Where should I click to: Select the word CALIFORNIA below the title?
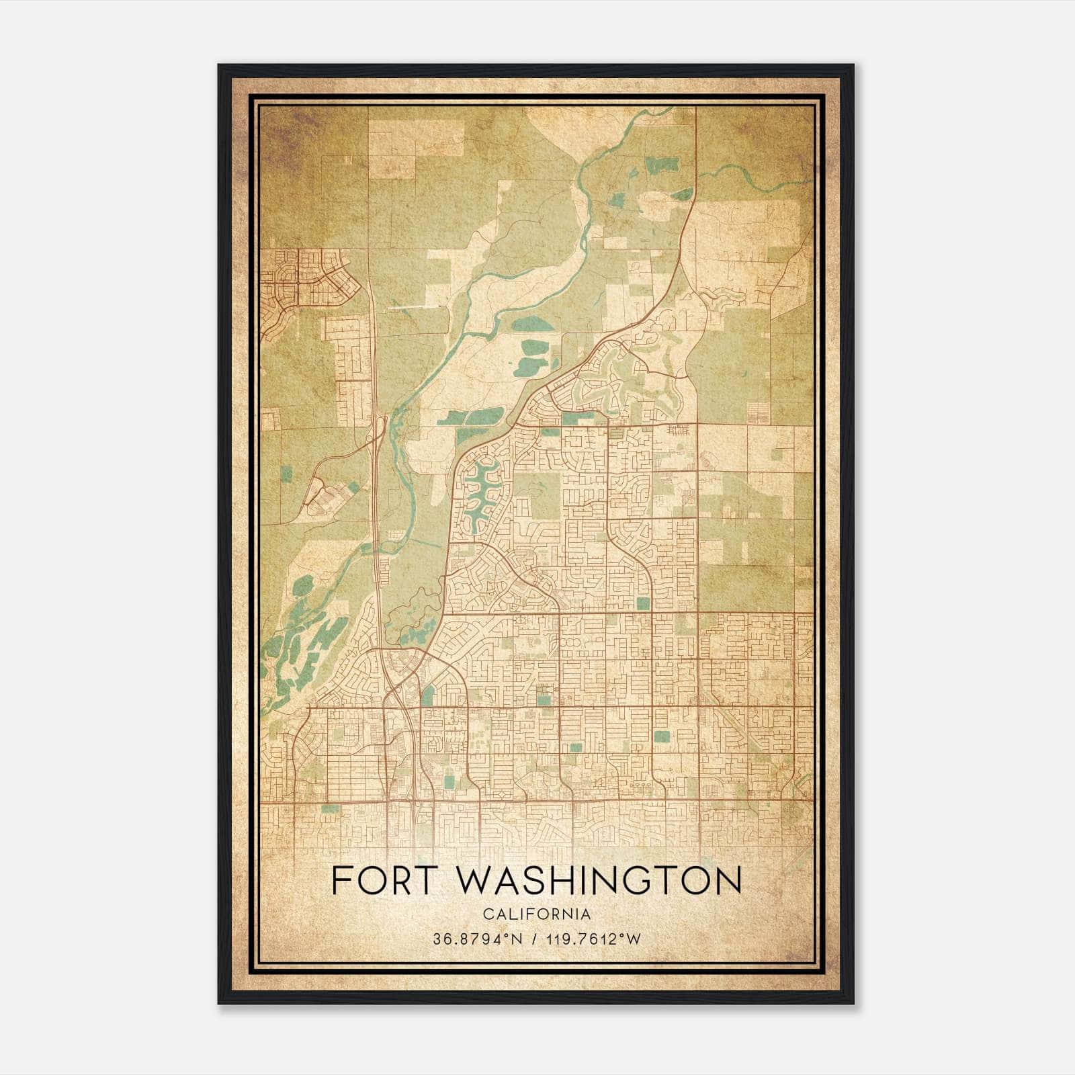point(537,914)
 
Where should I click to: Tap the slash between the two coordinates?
point(535,939)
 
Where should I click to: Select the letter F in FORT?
point(343,881)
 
